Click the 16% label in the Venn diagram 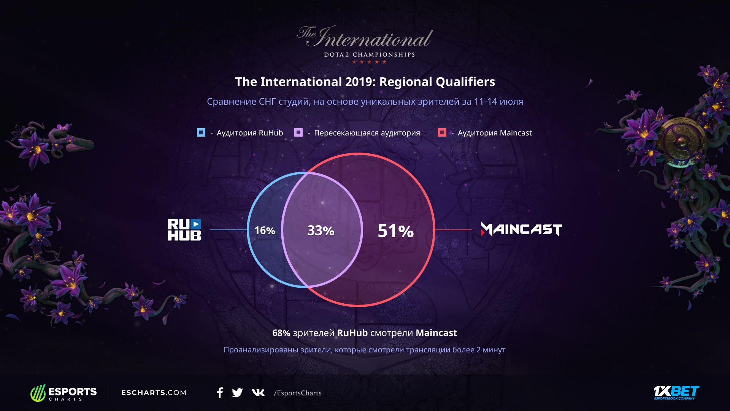coord(265,230)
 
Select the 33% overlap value coord(321,230)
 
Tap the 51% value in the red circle coord(395,231)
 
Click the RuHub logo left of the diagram coord(184,230)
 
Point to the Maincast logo coord(521,229)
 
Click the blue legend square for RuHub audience coord(201,132)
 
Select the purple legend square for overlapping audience coord(298,132)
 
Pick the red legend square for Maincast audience coord(442,132)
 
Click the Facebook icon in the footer coord(220,393)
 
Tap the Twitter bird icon coord(237,393)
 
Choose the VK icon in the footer coord(259,393)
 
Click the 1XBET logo coord(676,392)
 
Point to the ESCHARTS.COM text coord(154,393)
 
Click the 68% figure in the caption coord(281,333)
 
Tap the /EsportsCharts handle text coord(298,393)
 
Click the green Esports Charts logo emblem coord(38,393)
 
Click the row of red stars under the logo coord(369,62)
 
